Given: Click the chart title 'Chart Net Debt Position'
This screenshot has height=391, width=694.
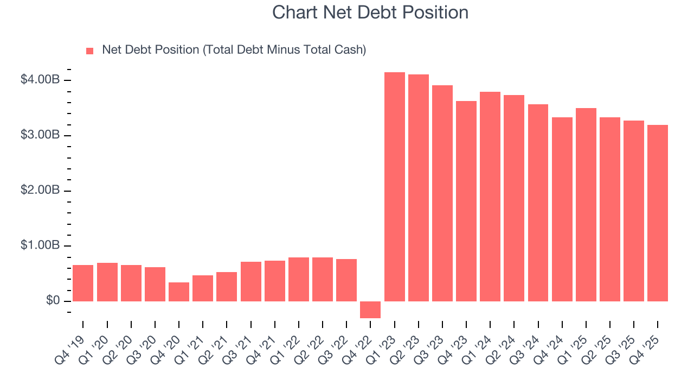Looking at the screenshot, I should pyautogui.click(x=370, y=12).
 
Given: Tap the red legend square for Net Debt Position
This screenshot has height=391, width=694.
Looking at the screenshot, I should pyautogui.click(x=90, y=51).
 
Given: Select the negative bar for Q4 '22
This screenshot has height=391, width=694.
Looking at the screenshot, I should pyautogui.click(x=370, y=310).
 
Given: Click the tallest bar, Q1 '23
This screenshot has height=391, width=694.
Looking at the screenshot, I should pyautogui.click(x=394, y=187).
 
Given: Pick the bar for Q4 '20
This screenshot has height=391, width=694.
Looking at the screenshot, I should pyautogui.click(x=179, y=292).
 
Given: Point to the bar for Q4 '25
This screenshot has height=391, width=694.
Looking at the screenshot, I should pyautogui.click(x=657, y=213).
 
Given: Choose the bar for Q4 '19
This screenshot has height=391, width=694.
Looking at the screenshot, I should pyautogui.click(x=83, y=283).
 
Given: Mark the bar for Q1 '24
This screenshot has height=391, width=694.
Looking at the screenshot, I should pyautogui.click(x=490, y=197).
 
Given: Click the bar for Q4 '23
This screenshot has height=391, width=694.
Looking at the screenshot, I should pyautogui.click(x=466, y=201).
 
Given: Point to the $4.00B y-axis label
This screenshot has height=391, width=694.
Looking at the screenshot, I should pyautogui.click(x=40, y=80).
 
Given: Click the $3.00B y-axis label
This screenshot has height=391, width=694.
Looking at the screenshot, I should pyautogui.click(x=40, y=135).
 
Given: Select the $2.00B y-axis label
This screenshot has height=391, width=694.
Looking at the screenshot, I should pyautogui.click(x=40, y=191).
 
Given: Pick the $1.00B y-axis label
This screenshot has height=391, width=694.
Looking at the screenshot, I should pyautogui.click(x=40, y=245).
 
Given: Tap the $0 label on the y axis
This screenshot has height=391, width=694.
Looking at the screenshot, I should pyautogui.click(x=52, y=301).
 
